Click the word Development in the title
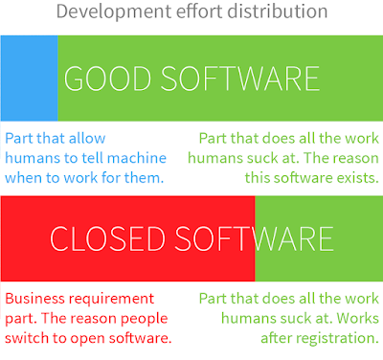point(114,12)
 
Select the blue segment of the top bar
point(29,79)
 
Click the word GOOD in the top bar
point(107,79)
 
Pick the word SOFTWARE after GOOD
point(240,79)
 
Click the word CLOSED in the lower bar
point(107,238)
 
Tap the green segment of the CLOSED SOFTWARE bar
point(319,238)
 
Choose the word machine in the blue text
point(137,158)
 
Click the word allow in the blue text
point(87,138)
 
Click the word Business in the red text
point(34,299)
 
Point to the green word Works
point(357,318)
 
